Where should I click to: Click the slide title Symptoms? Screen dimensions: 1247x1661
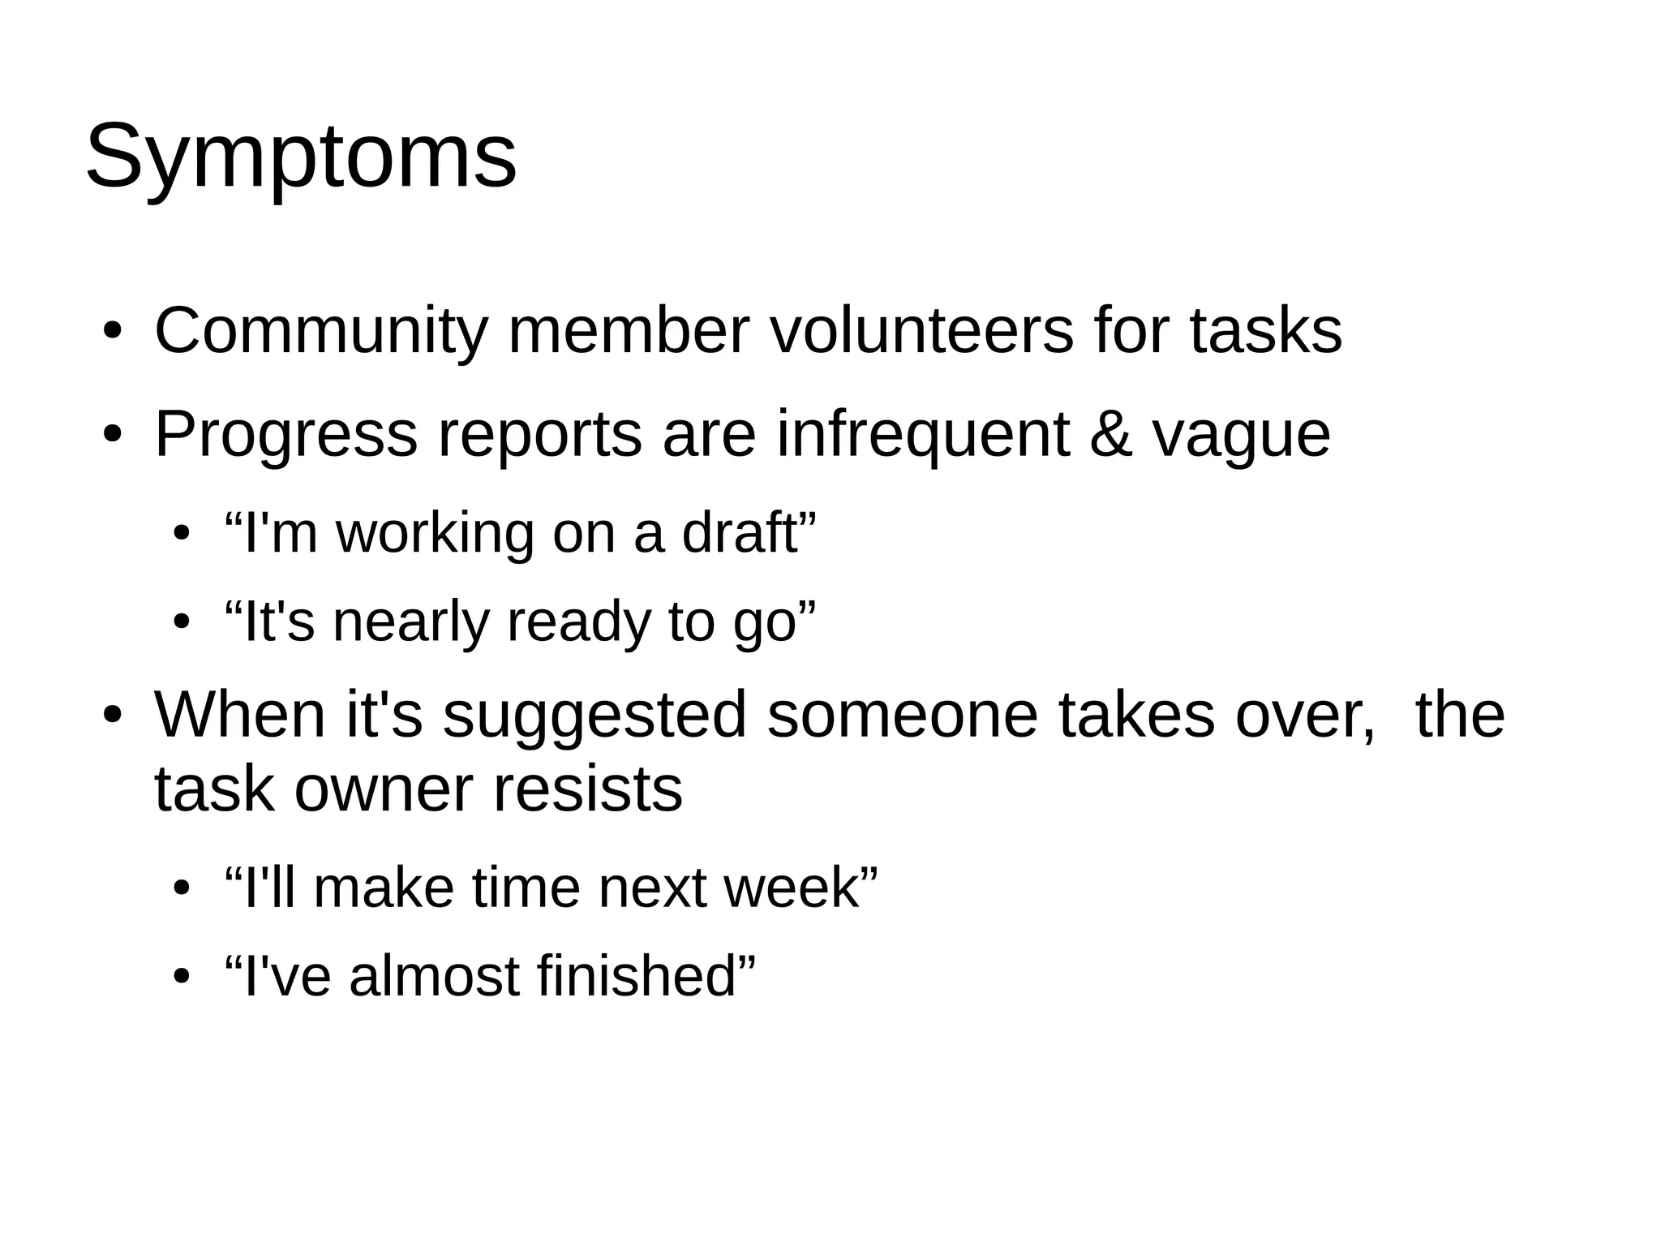click(x=300, y=156)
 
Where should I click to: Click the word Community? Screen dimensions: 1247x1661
click(x=321, y=331)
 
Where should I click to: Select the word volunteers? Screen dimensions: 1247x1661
click(x=921, y=331)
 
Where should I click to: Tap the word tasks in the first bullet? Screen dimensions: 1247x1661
click(x=1266, y=331)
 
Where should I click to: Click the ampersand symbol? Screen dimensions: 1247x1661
click(x=1110, y=435)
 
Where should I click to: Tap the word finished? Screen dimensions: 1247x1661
click(x=636, y=976)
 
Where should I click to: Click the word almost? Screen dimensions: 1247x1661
click(x=434, y=976)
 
